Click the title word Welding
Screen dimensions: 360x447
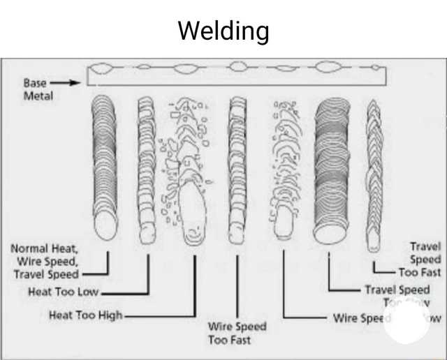pyautogui.click(x=223, y=31)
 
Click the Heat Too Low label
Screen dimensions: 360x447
pyautogui.click(x=64, y=292)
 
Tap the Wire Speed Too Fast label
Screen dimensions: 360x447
pyautogui.click(x=237, y=333)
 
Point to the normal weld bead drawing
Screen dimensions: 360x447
pyautogui.click(x=105, y=167)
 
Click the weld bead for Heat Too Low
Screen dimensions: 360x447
pyautogui.click(x=147, y=167)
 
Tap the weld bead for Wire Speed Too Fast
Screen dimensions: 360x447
pyautogui.click(x=237, y=167)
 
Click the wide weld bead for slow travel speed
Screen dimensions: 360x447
pyautogui.click(x=330, y=167)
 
